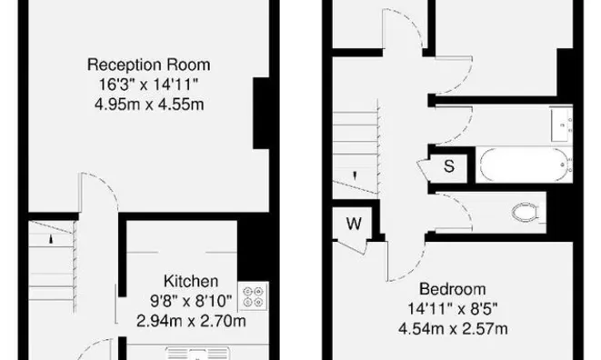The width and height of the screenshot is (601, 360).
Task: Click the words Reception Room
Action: coord(148,65)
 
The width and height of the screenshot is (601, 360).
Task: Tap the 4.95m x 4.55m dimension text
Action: coord(148,103)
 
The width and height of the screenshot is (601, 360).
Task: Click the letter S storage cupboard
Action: coord(449,165)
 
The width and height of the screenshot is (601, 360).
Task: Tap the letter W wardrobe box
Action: coord(353,223)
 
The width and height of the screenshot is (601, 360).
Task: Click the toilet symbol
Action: coord(526,213)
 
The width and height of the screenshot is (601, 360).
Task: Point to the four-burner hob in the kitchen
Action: coord(253,295)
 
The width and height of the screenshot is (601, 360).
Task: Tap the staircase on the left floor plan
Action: coord(48,258)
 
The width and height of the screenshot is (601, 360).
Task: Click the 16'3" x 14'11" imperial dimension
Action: coord(148,84)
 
